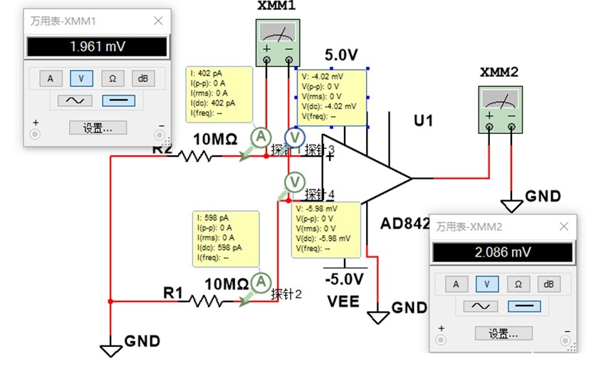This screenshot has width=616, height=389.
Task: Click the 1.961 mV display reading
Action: coord(97,47)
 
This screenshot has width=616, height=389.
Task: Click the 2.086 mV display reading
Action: coord(503,252)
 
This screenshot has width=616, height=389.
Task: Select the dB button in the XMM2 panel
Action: coord(548,284)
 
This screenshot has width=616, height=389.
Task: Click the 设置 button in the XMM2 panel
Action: coord(503,333)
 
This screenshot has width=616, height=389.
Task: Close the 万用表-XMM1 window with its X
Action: coord(158,21)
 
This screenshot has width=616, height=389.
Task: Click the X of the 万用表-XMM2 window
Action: coord(564,227)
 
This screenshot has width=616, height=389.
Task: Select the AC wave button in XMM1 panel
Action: coord(75,101)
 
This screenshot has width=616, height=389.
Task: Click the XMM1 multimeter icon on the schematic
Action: coord(278,42)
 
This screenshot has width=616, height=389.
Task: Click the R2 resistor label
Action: coord(162,149)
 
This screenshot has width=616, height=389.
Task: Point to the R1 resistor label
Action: coord(174,292)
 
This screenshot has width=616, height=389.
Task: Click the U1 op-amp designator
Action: coord(424,120)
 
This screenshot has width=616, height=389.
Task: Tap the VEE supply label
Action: coord(343,301)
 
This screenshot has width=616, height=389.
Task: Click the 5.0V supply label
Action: coord(341,55)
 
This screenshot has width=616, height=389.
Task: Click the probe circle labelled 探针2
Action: coord(261,283)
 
